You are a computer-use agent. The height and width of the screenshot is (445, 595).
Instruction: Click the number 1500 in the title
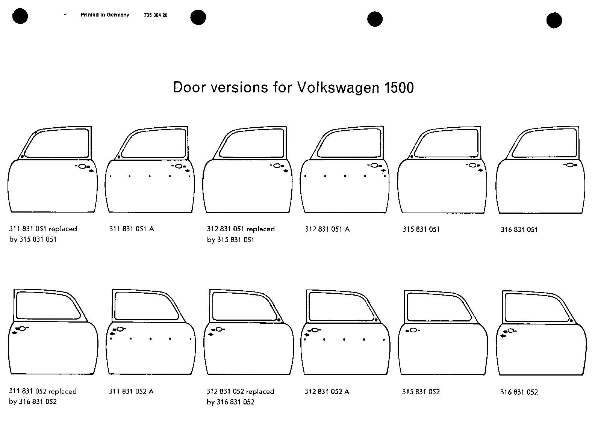(x=399, y=87)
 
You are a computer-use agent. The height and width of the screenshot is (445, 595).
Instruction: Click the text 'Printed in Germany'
(x=104, y=15)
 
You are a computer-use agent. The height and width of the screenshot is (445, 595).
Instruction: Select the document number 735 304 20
(x=156, y=15)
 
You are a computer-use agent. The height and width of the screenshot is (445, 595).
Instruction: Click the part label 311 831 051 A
(x=132, y=229)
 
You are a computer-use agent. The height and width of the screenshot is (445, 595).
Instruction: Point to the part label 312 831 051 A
(x=327, y=229)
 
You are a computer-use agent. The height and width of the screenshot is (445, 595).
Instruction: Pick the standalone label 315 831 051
(x=421, y=229)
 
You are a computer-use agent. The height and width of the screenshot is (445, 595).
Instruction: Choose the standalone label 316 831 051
(x=519, y=229)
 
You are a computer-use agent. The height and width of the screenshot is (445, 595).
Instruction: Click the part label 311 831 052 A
(x=131, y=391)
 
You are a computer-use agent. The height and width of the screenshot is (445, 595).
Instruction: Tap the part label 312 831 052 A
(x=327, y=392)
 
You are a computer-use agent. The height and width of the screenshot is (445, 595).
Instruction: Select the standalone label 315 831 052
(x=421, y=392)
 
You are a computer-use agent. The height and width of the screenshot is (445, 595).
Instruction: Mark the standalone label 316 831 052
(x=519, y=392)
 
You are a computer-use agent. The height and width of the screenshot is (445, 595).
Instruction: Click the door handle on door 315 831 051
(x=473, y=165)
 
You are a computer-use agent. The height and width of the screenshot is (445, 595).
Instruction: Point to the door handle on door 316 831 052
(x=511, y=331)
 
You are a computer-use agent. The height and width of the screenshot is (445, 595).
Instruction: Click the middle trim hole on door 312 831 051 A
(x=345, y=176)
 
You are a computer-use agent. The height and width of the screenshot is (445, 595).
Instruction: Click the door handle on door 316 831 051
(x=570, y=165)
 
